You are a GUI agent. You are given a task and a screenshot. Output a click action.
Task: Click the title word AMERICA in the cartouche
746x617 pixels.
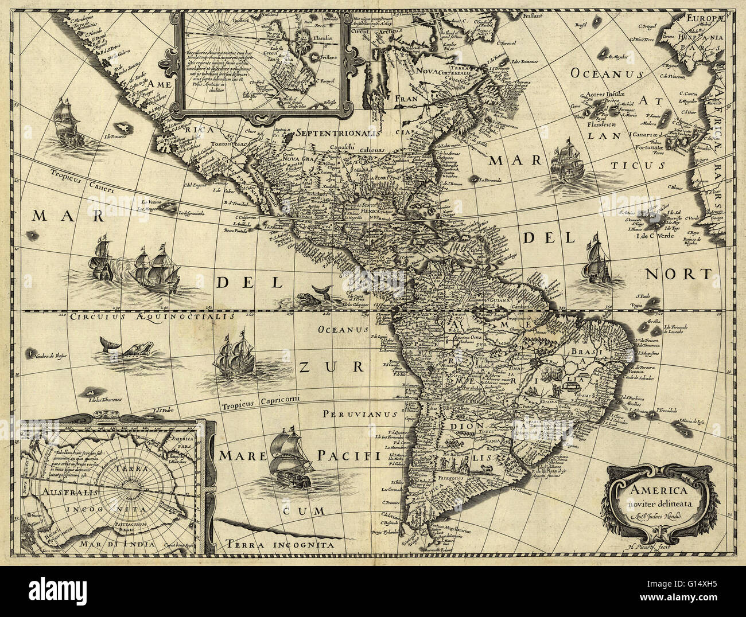click(655, 491)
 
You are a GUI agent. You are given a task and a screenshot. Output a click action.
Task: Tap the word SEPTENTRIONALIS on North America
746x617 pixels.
click(331, 132)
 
